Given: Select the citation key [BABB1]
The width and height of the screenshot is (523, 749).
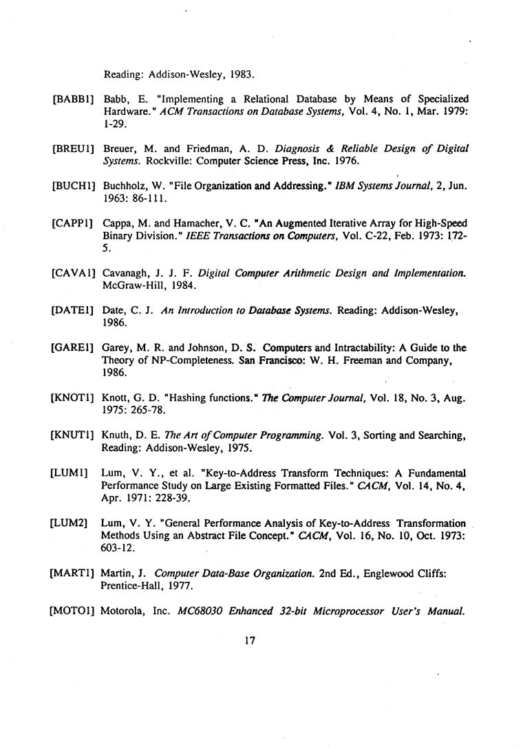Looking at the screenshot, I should (74, 99).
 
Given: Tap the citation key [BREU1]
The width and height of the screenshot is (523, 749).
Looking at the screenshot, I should (74, 149).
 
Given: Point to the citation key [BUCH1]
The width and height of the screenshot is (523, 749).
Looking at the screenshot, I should (74, 186).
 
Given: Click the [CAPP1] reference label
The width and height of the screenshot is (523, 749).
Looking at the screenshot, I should (74, 224).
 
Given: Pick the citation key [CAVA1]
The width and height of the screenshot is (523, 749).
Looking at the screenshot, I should (74, 274).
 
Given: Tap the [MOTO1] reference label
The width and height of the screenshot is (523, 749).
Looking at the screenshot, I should (74, 611).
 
